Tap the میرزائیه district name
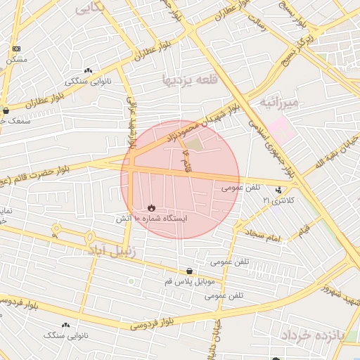coord(279,103)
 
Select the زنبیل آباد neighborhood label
coord(114,250)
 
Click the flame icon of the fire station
coord(151,207)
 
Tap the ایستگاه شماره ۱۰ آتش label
coord(151,219)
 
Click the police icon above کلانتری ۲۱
coord(279,190)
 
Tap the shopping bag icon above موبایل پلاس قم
coord(190,271)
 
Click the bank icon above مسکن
coord(16,49)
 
